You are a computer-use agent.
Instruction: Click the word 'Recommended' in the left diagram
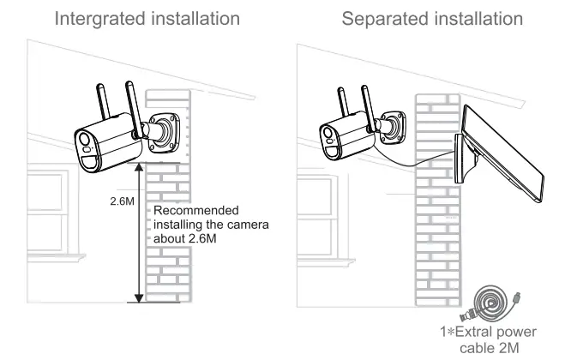(196, 210)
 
